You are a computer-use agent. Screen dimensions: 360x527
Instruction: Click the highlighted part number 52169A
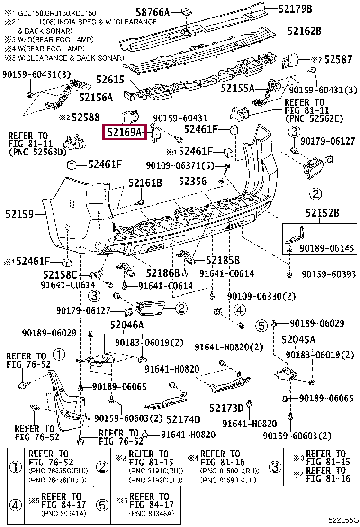click(125, 132)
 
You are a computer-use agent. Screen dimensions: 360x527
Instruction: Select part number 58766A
click(153, 12)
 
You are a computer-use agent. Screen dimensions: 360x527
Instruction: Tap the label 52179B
click(295, 9)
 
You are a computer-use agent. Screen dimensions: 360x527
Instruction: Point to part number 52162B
click(304, 31)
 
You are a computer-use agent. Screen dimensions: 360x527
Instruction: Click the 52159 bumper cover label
click(19, 214)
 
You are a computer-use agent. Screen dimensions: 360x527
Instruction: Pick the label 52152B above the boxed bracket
click(323, 212)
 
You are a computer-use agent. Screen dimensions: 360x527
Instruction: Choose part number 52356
click(192, 182)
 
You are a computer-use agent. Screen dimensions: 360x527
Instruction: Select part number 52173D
click(226, 408)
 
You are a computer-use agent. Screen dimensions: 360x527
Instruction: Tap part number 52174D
click(183, 419)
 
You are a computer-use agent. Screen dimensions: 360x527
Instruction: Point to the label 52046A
click(127, 325)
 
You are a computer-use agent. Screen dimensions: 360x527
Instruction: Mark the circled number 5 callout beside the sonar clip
click(261, 325)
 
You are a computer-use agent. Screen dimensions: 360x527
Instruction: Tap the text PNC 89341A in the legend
click(63, 514)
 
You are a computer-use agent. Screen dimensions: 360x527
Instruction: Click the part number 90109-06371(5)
click(180, 166)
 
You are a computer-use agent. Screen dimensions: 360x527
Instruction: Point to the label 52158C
click(60, 275)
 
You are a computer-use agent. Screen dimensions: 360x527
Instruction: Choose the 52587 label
click(338, 60)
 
